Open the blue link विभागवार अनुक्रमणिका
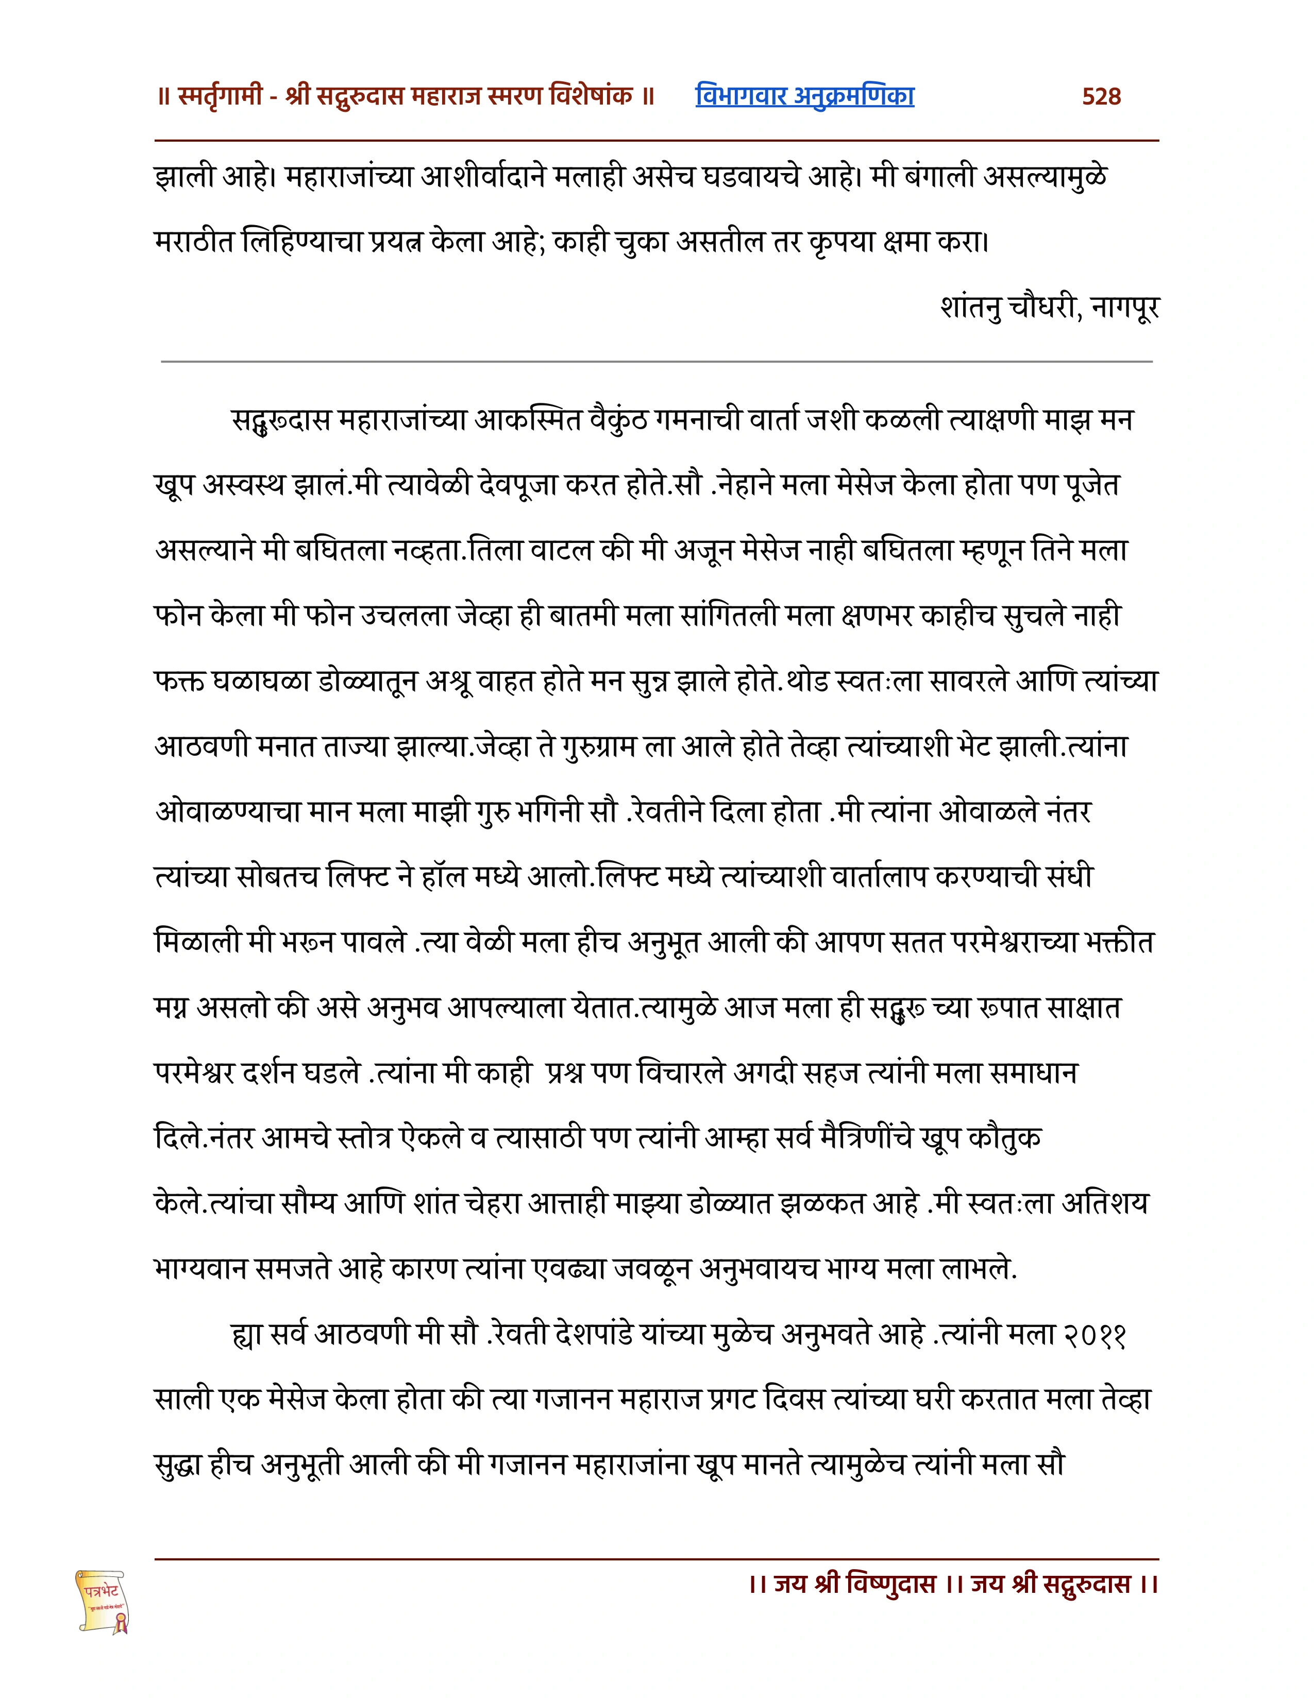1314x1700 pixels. [x=804, y=96]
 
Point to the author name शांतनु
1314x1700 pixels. [x=971, y=308]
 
